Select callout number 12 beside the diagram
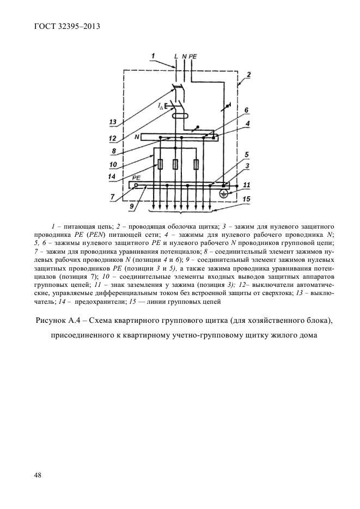pyautogui.click(x=113, y=138)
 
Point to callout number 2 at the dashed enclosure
pyautogui.click(x=248, y=74)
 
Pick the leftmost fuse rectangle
pyautogui.click(x=160, y=164)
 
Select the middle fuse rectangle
pyautogui.click(x=175, y=164)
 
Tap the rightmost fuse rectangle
pyautogui.click(x=196, y=164)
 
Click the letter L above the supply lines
pyautogui.click(x=175, y=56)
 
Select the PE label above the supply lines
pyautogui.click(x=193, y=56)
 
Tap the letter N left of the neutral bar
pyautogui.click(x=137, y=137)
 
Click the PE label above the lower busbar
pyautogui.click(x=137, y=178)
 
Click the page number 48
pyautogui.click(x=38, y=475)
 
